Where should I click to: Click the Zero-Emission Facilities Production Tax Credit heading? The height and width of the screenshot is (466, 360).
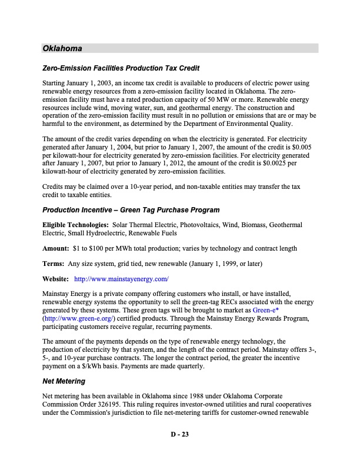pyautogui.click(x=121, y=69)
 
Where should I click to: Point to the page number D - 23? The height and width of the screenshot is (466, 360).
pyautogui.click(x=179, y=435)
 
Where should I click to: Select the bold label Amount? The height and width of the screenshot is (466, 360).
pyautogui.click(x=56, y=248)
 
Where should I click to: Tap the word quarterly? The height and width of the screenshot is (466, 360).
pyautogui.click(x=188, y=366)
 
